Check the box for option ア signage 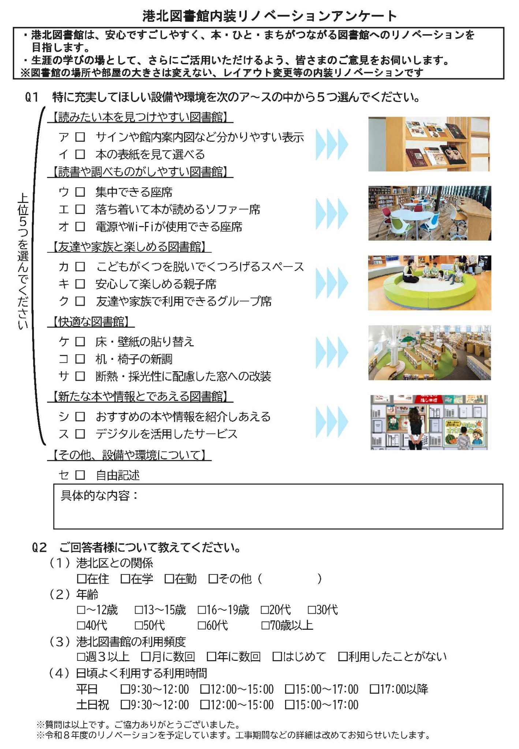click(x=80, y=137)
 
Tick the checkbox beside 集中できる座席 click(x=80, y=192)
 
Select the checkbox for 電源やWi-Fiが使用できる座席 click(x=80, y=227)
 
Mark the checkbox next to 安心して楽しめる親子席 click(x=80, y=284)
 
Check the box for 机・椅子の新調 click(x=80, y=359)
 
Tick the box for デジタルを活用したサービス click(x=80, y=434)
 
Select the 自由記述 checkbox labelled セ click(x=80, y=475)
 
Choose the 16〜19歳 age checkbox click(x=202, y=610)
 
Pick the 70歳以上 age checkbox click(x=265, y=625)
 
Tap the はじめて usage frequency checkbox click(x=277, y=657)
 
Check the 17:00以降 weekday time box click(x=374, y=689)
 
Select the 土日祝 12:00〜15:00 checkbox click(x=205, y=705)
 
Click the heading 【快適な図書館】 click(x=91, y=322)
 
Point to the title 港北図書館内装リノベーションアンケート click(x=270, y=16)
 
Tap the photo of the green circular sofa click(x=429, y=283)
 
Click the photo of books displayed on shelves click(x=429, y=144)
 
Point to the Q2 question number click(x=40, y=548)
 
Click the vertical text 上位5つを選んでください click(x=23, y=261)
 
